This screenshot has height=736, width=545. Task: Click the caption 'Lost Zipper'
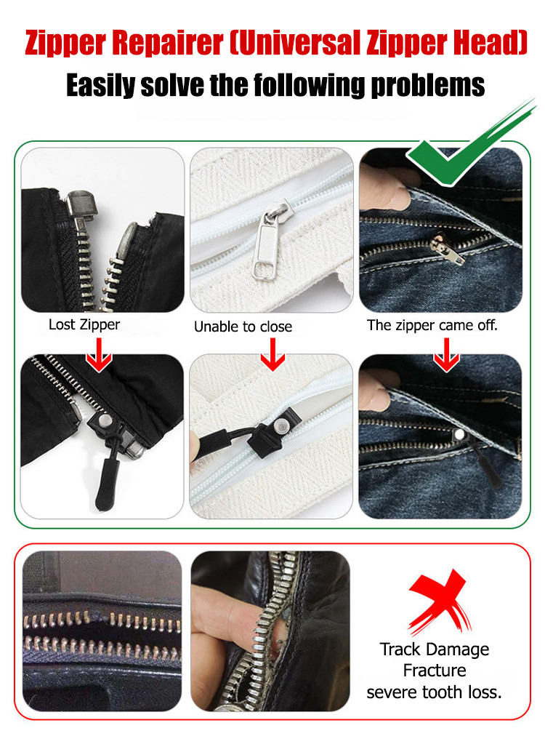click(x=84, y=324)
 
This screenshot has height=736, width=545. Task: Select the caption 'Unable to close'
click(x=243, y=327)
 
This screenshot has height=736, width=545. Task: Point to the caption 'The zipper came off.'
click(x=432, y=325)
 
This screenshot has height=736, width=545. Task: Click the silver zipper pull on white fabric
click(x=267, y=244)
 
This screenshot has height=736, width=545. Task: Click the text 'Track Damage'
click(x=435, y=649)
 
